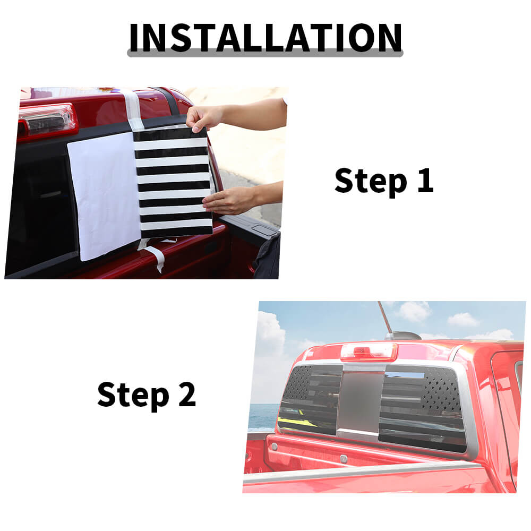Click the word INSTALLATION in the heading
coord(265,37)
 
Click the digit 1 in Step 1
coord(425,181)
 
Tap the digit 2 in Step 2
coord(187,394)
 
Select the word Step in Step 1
coord(371,183)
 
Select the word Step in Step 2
coord(133,396)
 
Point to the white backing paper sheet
coord(104,196)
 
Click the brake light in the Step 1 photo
coord(47,121)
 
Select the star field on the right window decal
coord(442,389)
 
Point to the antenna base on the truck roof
coord(402,336)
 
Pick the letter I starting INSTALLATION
coord(133,38)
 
